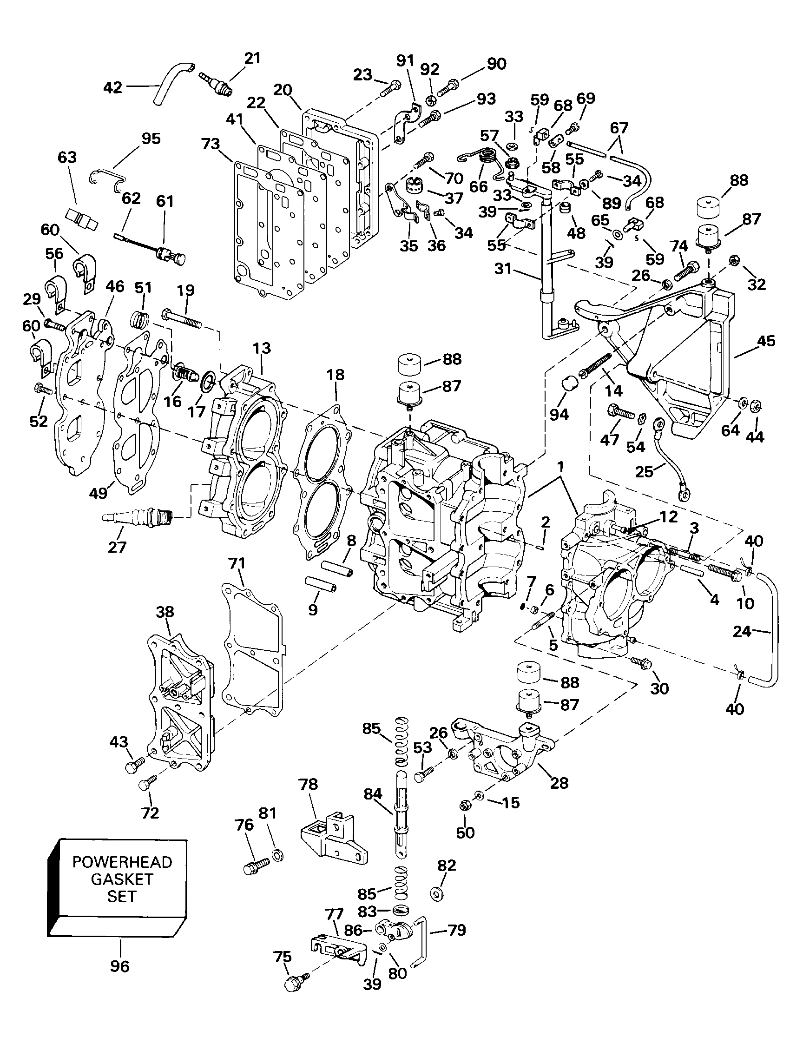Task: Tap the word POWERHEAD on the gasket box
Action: click(x=122, y=862)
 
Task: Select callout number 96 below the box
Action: click(x=119, y=966)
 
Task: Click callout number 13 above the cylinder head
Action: click(x=262, y=348)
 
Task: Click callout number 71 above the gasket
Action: click(x=237, y=564)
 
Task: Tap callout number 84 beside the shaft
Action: click(x=373, y=794)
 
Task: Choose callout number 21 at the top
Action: click(x=252, y=58)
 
